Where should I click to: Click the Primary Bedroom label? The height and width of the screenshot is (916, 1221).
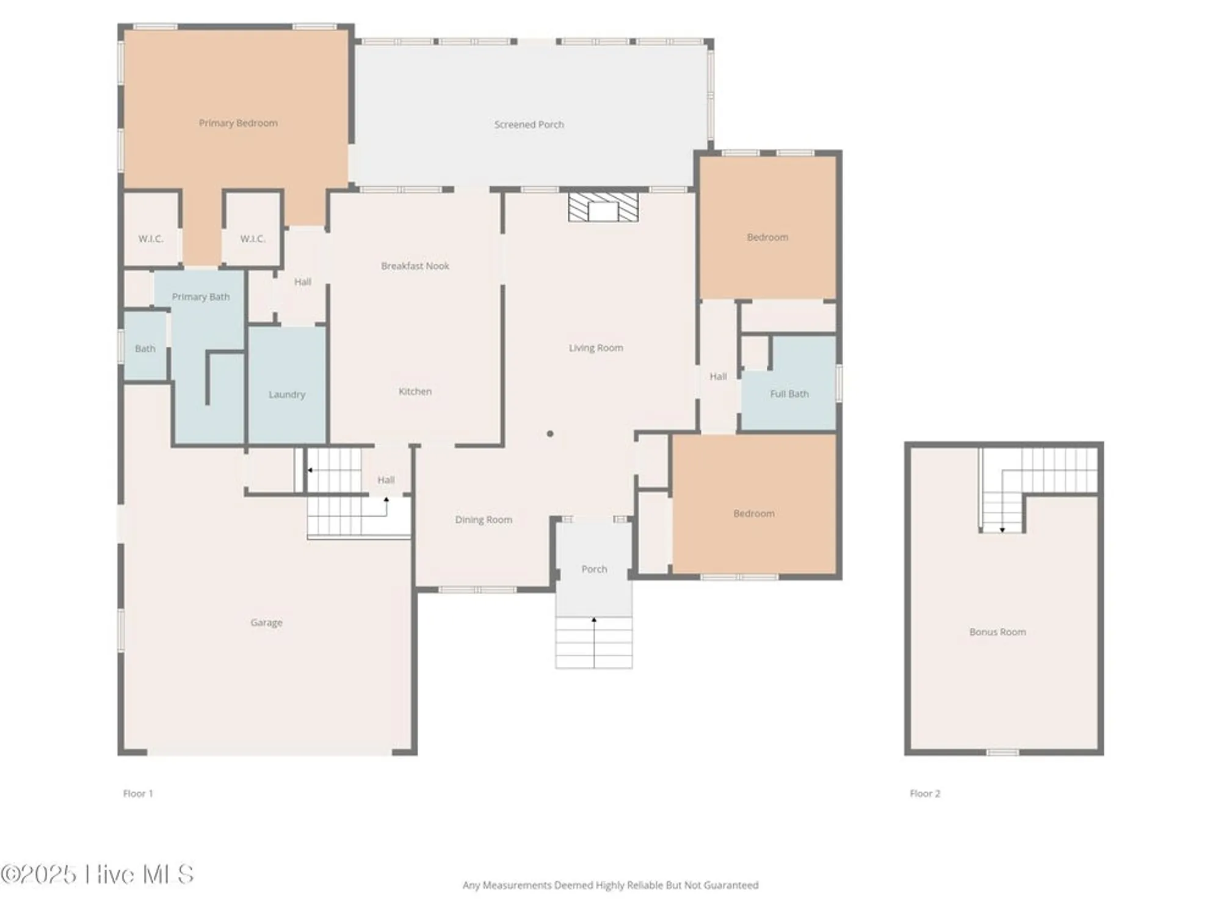point(238,123)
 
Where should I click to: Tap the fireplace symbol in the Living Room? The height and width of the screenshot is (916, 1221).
point(603,207)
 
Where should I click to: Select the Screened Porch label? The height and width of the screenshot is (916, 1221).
point(529,125)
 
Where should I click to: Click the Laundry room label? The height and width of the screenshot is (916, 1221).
point(286,394)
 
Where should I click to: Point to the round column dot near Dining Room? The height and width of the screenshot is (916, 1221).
point(550,434)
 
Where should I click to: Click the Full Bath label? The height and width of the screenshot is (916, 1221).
point(789,394)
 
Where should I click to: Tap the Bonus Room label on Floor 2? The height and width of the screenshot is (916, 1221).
point(997,632)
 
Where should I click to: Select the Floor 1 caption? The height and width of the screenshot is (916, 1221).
point(138,793)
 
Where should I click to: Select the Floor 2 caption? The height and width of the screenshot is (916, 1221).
point(924,793)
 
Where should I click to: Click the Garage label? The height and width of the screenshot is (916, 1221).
point(266,623)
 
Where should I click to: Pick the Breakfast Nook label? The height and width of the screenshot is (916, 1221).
point(415,266)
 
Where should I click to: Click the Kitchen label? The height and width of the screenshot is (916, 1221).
point(415,391)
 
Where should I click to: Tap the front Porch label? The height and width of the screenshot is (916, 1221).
point(594,569)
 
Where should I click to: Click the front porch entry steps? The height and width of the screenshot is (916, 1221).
point(593,642)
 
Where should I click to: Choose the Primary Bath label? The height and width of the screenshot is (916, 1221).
point(200,297)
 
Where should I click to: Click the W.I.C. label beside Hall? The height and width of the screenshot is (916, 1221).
point(252,239)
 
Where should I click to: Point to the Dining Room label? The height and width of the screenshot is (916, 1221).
point(483,520)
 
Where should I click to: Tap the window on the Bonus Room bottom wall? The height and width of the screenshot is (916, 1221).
point(1002,752)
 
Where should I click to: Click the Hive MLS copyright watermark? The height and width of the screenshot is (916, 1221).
point(98,874)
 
